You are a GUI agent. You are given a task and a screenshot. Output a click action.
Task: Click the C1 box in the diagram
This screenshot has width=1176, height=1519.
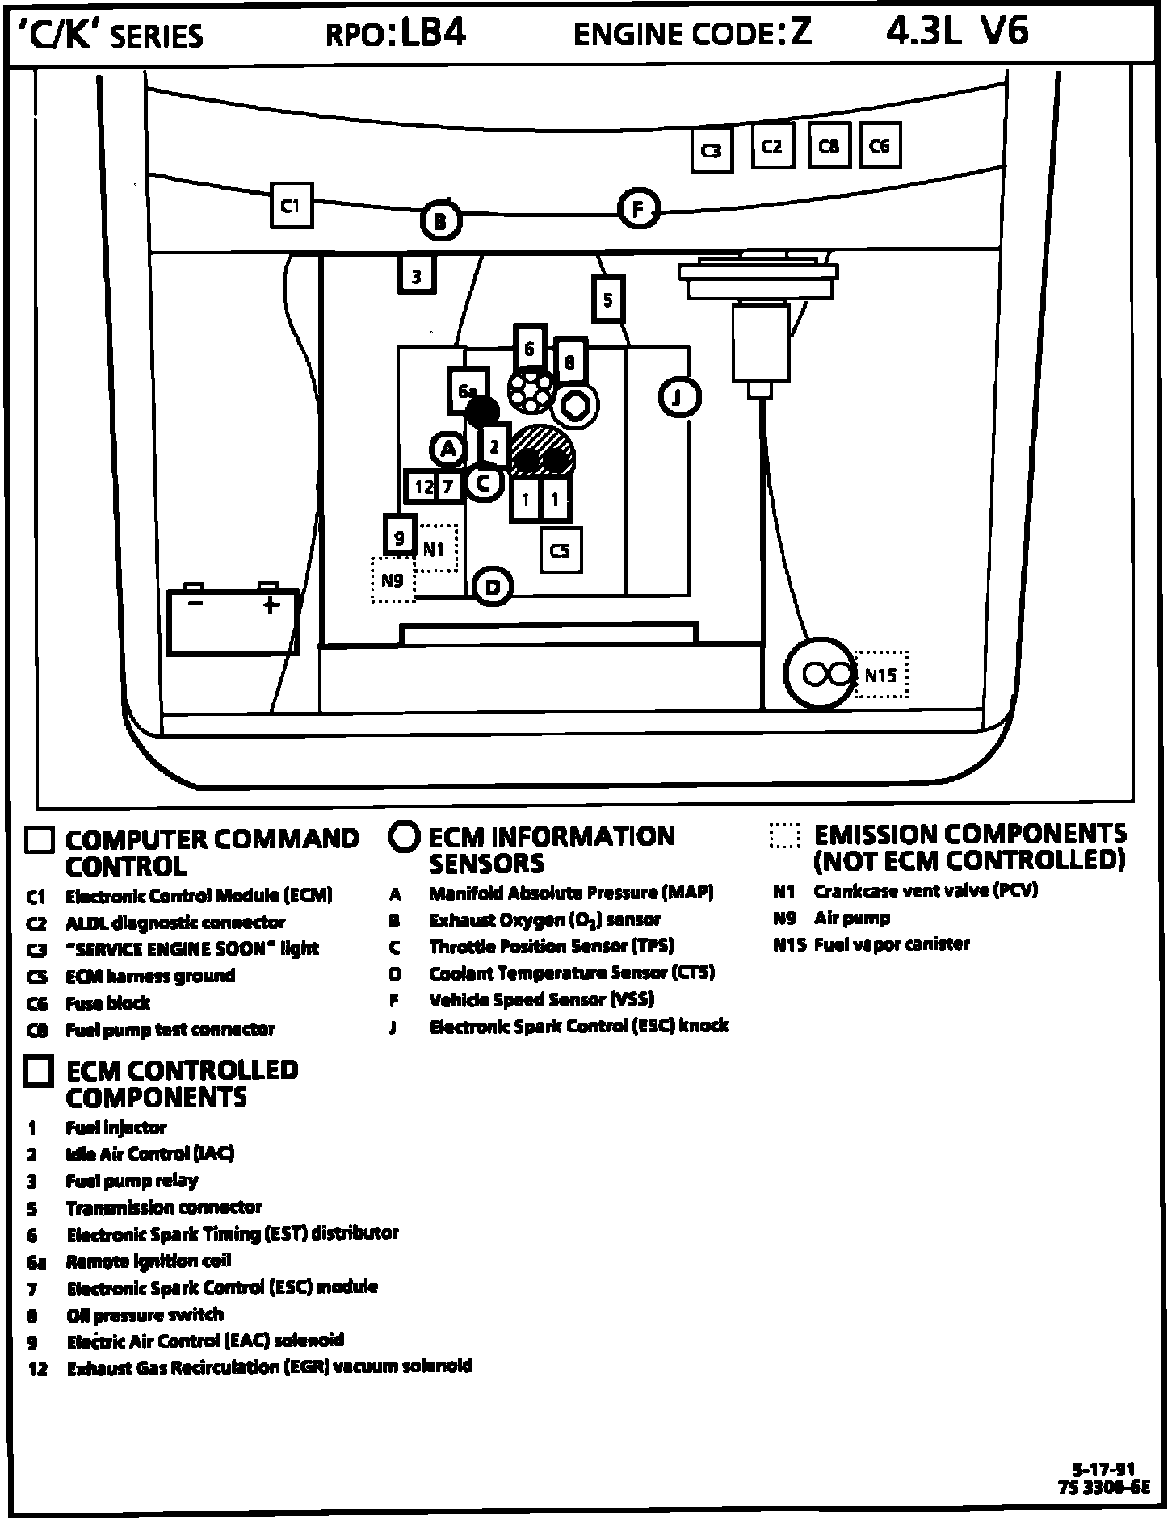(x=291, y=207)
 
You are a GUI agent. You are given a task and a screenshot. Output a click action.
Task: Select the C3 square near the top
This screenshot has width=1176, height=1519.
(x=712, y=150)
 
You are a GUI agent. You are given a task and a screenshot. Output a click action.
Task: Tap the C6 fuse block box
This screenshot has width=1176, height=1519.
(x=880, y=145)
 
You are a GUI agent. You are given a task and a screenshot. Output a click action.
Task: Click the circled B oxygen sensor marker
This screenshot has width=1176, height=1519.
(x=440, y=220)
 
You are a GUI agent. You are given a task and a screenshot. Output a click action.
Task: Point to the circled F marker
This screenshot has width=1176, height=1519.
(x=639, y=210)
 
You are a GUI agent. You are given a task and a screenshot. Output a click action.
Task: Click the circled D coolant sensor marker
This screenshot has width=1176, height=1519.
(x=492, y=587)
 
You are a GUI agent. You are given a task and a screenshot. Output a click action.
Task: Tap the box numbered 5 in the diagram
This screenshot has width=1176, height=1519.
(x=608, y=300)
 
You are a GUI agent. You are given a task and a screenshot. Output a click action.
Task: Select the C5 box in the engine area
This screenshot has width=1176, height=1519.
(x=561, y=550)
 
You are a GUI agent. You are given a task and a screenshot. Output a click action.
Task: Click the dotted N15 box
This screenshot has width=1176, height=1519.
(x=881, y=674)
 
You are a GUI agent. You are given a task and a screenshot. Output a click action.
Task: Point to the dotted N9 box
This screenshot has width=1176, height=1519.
(x=393, y=580)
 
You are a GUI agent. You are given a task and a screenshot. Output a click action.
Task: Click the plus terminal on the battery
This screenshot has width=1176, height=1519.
(x=271, y=604)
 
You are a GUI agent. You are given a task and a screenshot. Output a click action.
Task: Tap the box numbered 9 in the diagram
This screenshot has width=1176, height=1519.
(x=400, y=535)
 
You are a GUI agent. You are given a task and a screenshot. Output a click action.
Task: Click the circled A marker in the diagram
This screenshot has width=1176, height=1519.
(x=448, y=450)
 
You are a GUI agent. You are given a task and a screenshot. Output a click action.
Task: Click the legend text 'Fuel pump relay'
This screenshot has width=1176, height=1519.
(x=132, y=1181)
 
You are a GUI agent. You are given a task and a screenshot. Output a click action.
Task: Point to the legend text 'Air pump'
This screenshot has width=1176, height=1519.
(x=852, y=918)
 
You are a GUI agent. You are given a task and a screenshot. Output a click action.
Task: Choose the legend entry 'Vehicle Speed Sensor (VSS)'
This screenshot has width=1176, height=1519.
(x=541, y=999)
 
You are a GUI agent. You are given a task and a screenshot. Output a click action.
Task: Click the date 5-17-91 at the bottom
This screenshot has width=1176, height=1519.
(x=1104, y=1470)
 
